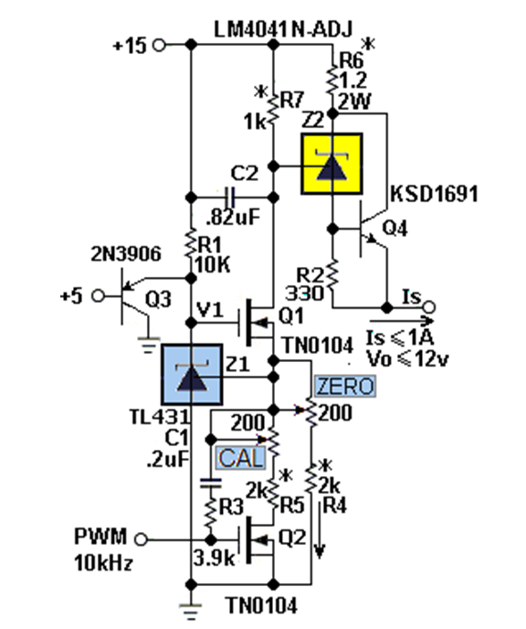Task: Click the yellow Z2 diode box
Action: click(332, 164)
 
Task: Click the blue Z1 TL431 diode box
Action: click(192, 374)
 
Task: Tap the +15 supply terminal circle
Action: click(160, 45)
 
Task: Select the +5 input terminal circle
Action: click(98, 296)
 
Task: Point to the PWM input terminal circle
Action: click(141, 539)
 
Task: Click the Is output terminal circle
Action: click(429, 308)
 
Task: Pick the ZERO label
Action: click(345, 387)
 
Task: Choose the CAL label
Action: click(241, 458)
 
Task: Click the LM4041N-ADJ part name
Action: click(283, 29)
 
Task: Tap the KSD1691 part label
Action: click(435, 194)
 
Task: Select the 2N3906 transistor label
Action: click(126, 253)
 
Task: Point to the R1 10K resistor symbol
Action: click(191, 243)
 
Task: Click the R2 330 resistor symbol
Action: click(332, 274)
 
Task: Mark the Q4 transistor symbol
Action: click(369, 229)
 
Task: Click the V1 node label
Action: click(210, 310)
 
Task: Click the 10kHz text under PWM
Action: click(103, 563)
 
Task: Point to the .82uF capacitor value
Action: click(233, 217)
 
